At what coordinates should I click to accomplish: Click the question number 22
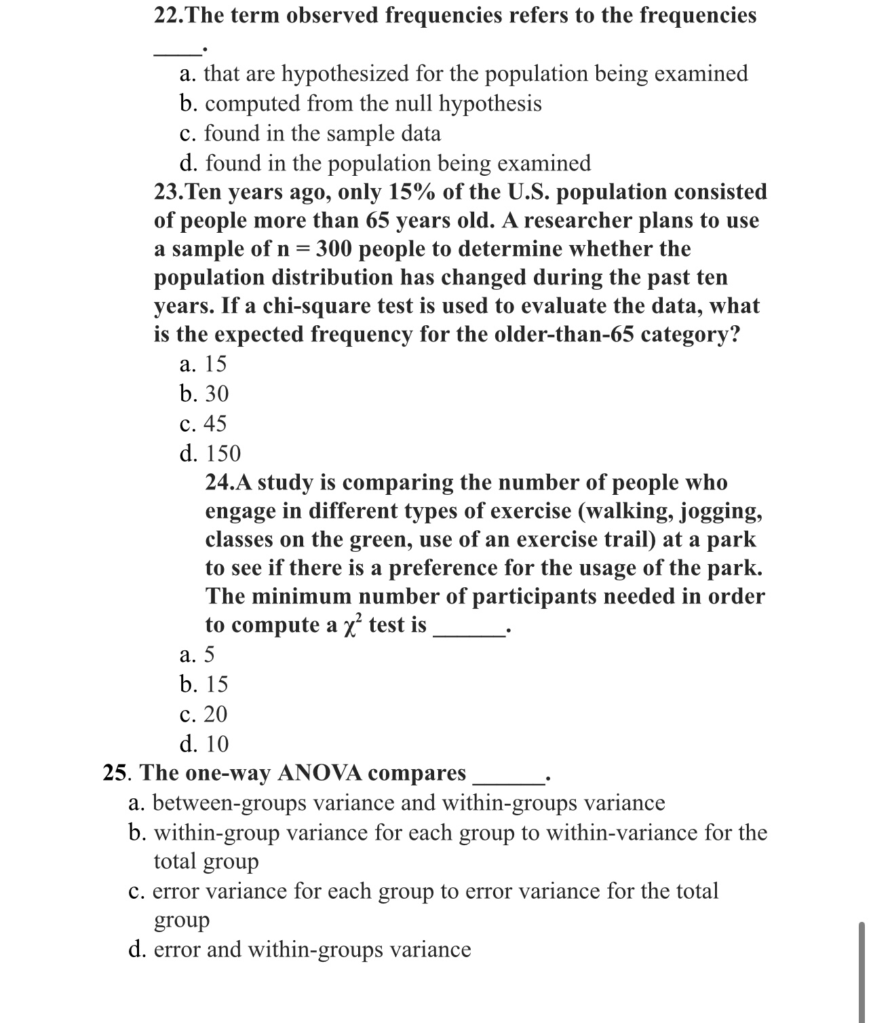[167, 15]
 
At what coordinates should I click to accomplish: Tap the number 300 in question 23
[334, 249]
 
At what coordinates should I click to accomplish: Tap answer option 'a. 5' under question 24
[197, 654]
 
